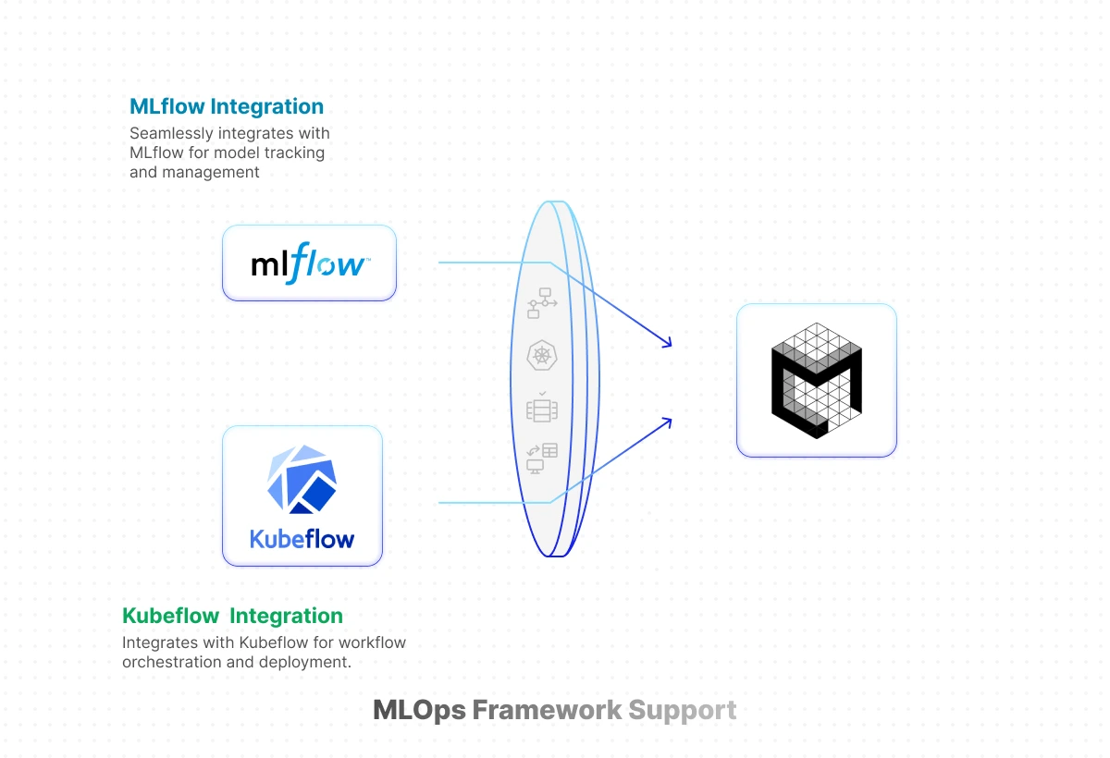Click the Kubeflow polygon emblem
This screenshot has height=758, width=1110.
pos(302,480)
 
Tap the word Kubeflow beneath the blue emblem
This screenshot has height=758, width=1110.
pos(302,538)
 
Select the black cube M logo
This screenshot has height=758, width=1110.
pos(817,380)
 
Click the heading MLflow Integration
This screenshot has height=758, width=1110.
pos(227,106)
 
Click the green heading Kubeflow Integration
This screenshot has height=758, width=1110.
pos(232,616)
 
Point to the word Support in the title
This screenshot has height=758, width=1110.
pos(682,710)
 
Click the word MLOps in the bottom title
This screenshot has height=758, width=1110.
pos(419,710)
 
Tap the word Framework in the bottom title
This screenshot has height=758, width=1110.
pos(547,710)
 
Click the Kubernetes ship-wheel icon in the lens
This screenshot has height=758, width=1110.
pos(541,355)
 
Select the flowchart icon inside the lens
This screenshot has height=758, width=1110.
pos(541,303)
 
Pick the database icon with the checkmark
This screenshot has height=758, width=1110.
pos(541,407)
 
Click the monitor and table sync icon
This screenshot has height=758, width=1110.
pos(542,458)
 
